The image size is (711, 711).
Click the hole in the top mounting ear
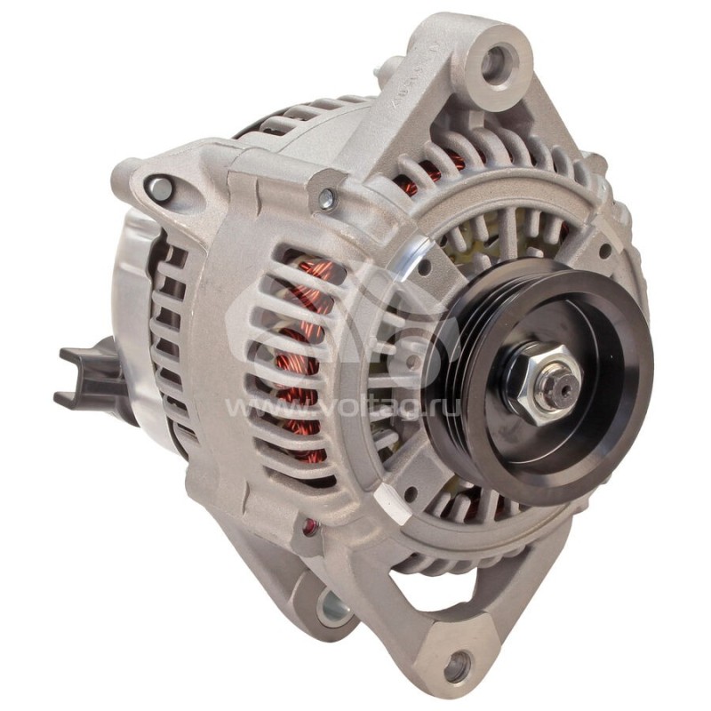[x=494, y=61]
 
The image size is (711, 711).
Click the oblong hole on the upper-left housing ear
[x=160, y=188]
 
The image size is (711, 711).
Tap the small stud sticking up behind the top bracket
[x=386, y=66]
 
